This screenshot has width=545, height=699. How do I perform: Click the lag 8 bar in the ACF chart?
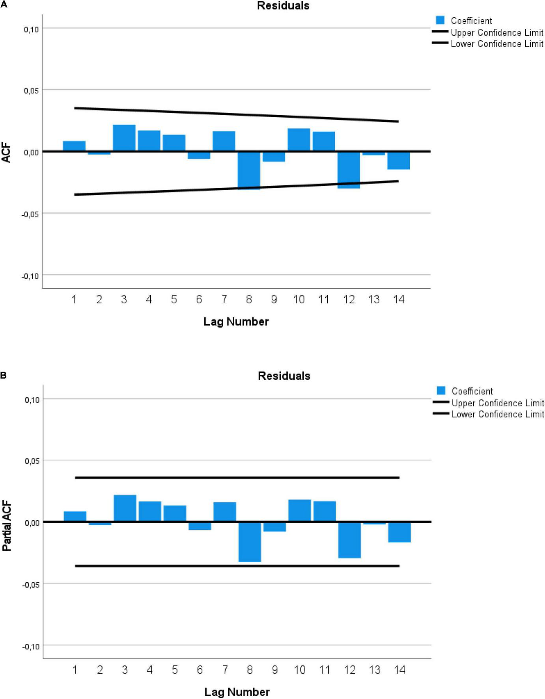pos(249,171)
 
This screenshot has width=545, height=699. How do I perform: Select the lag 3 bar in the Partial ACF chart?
pos(125,508)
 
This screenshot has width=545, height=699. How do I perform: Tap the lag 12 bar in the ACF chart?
pos(349,170)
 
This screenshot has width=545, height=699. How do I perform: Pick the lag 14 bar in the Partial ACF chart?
pos(399,532)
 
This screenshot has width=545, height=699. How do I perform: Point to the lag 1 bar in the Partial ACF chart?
pos(75,516)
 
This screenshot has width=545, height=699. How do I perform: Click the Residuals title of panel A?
pos(283,6)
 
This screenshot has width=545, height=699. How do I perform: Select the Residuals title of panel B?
pos(284,376)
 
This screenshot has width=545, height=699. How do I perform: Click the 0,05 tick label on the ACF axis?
pos(31,90)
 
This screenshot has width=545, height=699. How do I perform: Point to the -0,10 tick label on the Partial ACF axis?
pos(30,647)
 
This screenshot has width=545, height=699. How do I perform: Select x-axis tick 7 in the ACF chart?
pos(224,300)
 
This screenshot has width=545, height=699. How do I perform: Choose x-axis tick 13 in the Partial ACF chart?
pos(375,670)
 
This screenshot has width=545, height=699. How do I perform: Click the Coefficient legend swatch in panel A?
pos(440,21)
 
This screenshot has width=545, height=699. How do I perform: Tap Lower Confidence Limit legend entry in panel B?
pos(498,414)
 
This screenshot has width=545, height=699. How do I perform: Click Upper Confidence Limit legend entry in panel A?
pos(497,33)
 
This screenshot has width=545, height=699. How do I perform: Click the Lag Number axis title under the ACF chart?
pos(236,322)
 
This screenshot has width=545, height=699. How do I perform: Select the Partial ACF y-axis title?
pos(7,526)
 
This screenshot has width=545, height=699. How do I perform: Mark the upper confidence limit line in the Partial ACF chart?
pos(237,478)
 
